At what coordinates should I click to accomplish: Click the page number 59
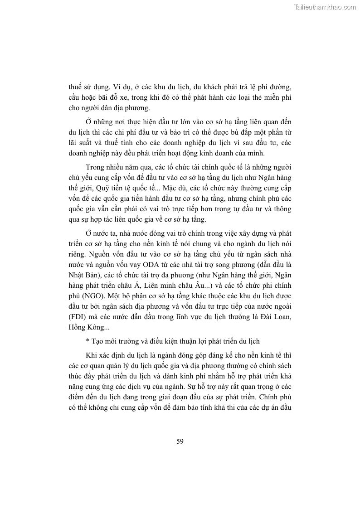(180, 441)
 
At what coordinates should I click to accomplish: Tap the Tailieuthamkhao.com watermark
(325, 7)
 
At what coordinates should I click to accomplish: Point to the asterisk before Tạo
(88, 341)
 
